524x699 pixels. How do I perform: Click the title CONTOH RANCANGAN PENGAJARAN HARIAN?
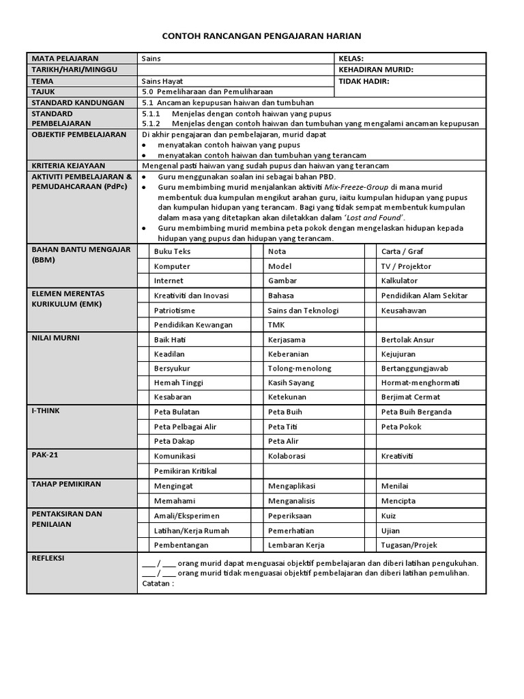[261, 35]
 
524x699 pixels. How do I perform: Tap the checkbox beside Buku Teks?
[144, 251]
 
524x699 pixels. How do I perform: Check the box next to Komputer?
[144, 266]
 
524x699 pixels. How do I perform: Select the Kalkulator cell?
[399, 281]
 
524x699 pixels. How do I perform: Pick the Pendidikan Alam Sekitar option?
[424, 296]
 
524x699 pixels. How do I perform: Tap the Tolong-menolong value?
[300, 368]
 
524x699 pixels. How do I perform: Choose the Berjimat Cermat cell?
[411, 397]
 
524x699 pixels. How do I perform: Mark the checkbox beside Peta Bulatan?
[144, 412]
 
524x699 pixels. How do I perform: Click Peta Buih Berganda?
[416, 412]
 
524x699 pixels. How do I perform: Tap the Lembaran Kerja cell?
[296, 545]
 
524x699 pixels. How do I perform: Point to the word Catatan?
[158, 584]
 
